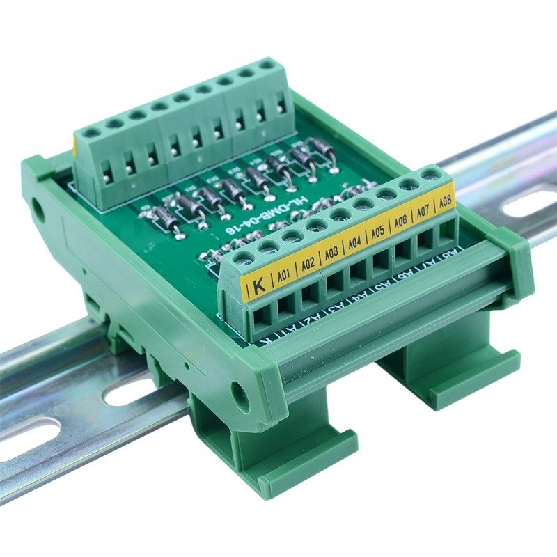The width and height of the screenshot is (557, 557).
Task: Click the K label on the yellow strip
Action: point(259,284)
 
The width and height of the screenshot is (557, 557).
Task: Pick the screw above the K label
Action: point(244,260)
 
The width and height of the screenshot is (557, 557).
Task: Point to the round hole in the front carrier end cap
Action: point(240,396)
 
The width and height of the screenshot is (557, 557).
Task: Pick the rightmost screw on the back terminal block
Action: point(267,65)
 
